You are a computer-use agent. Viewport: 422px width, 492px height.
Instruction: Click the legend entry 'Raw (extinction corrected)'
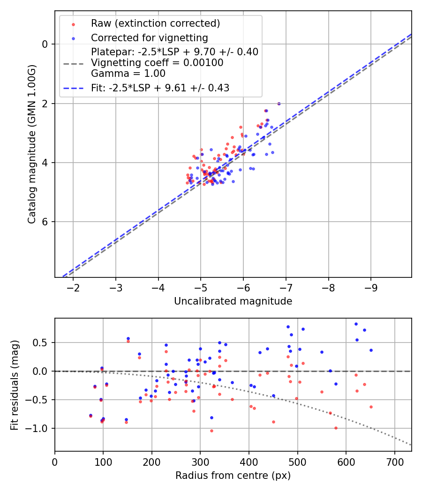pyautogui.click(x=155, y=23)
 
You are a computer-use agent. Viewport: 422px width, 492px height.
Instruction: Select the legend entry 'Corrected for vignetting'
pyautogui.click(x=149, y=37)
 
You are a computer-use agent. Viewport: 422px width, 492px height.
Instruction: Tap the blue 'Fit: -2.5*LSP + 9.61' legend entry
pyautogui.click(x=160, y=88)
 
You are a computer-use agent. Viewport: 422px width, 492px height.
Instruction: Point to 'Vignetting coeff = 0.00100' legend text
pyautogui.click(x=157, y=62)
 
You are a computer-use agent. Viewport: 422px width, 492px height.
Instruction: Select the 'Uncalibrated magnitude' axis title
pyautogui.click(x=233, y=301)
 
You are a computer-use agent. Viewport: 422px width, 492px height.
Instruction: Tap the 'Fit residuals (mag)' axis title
pyautogui.click(x=15, y=385)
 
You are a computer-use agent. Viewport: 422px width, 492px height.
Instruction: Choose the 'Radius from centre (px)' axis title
pyautogui.click(x=233, y=476)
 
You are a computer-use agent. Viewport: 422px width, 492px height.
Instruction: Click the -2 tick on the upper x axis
pyautogui.click(x=74, y=287)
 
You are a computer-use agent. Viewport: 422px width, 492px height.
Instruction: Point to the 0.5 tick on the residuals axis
pyautogui.click(x=43, y=343)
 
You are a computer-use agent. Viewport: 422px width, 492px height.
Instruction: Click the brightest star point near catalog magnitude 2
pyautogui.click(x=279, y=104)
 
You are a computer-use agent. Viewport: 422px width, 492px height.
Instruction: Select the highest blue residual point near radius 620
pyautogui.click(x=356, y=324)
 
